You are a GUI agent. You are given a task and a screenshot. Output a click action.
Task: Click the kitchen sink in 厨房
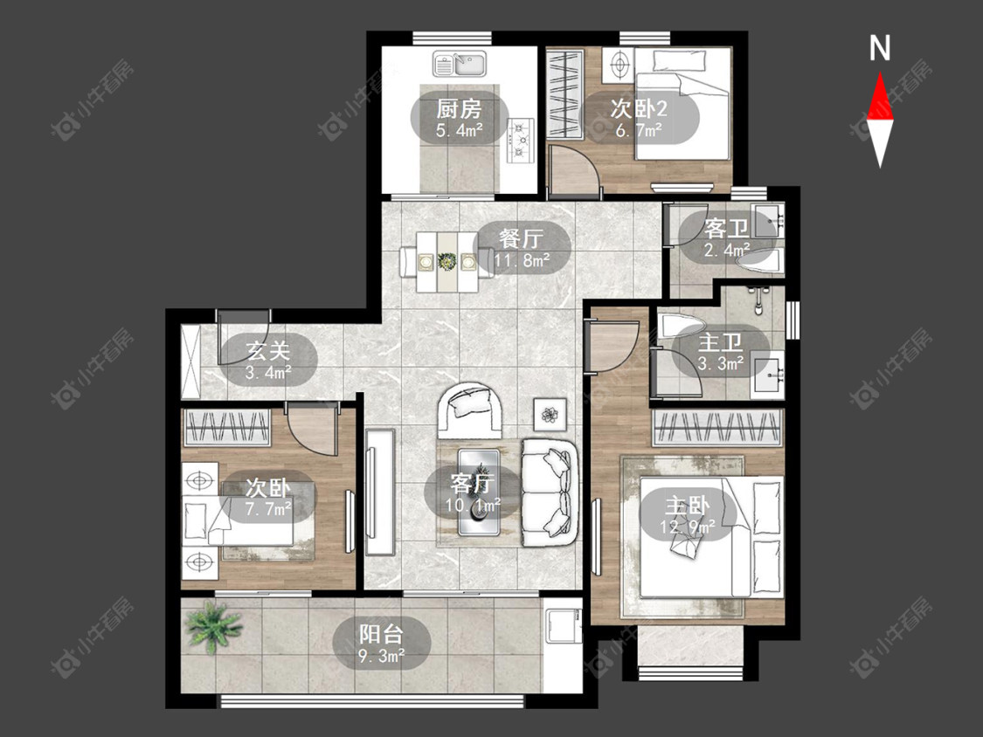coord(460,63)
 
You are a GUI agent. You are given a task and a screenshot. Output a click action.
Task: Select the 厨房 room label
coord(460,109)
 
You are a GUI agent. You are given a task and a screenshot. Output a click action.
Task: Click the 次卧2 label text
coord(639,109)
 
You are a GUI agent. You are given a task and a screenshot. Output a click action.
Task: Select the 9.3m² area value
coord(381,656)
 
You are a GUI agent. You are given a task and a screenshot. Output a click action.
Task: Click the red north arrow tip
coord(880,72)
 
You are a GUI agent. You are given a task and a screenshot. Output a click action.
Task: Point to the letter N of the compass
coord(880,48)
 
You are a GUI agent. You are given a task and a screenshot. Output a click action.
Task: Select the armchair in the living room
coord(472,411)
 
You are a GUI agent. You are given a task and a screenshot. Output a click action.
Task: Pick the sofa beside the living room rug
coord(550,492)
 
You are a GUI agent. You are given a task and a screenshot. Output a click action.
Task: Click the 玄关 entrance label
coord(267,352)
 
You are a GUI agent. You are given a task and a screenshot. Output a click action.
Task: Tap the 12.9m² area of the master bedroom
coord(687,528)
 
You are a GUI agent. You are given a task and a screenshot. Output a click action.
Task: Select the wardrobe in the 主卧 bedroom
coord(718,428)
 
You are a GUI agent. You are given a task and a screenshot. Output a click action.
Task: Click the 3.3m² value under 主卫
coord(721,363)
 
